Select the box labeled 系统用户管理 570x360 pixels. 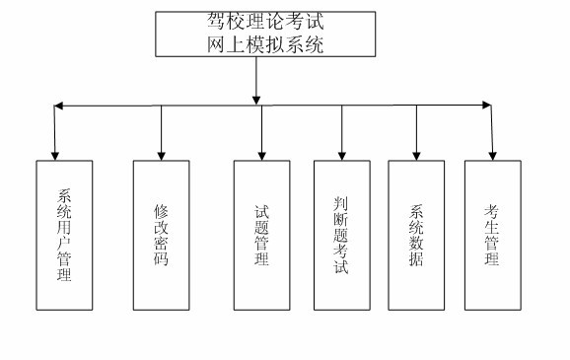click(64, 234)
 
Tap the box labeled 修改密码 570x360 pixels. click(161, 234)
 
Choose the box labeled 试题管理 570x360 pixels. click(261, 234)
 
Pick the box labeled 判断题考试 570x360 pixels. click(342, 234)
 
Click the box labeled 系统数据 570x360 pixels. click(416, 234)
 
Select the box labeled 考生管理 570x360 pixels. click(492, 234)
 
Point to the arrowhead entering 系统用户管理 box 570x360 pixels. click(55, 154)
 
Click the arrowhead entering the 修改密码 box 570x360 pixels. click(161, 154)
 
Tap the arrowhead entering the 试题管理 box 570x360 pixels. click(261, 154)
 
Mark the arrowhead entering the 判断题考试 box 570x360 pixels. click(342, 154)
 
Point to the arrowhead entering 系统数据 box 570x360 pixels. click(416, 154)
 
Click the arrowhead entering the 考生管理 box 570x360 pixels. click(492, 154)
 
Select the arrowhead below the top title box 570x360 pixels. click(255, 99)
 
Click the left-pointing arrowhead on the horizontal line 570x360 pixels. click(58, 105)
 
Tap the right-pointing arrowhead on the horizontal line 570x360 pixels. click(485, 105)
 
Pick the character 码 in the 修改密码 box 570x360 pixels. click(161, 260)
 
